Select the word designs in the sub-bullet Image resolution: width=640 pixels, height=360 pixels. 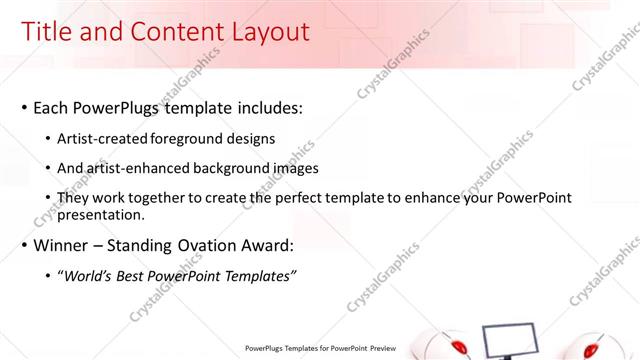point(251,139)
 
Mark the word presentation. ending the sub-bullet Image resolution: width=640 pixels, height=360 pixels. point(102,214)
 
